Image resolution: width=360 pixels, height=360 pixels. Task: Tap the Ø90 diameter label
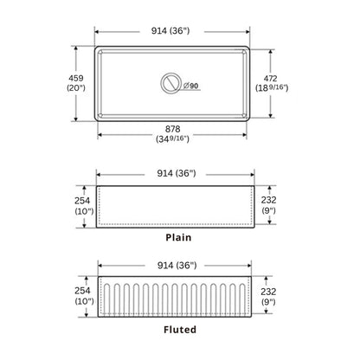191,85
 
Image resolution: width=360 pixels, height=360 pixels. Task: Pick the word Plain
178,236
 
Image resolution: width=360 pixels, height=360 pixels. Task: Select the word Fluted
178,329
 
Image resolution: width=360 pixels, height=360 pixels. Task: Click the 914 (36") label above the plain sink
174,173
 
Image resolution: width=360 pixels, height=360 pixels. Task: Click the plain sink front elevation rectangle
174,207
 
